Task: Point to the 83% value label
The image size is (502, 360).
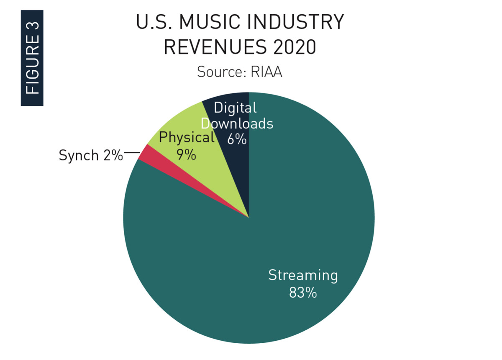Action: tap(303, 292)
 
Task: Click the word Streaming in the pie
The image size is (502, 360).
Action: tap(303, 275)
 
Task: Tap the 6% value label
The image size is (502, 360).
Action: tap(237, 139)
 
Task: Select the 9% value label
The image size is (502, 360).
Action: tap(186, 154)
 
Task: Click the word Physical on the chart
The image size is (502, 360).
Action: tap(187, 138)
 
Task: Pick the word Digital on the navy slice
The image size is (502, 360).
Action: tap(235, 108)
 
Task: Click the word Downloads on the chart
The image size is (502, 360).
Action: tap(237, 124)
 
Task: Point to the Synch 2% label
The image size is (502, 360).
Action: tap(91, 155)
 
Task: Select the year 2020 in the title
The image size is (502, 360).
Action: tap(292, 47)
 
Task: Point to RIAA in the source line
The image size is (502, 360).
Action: tap(266, 72)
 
